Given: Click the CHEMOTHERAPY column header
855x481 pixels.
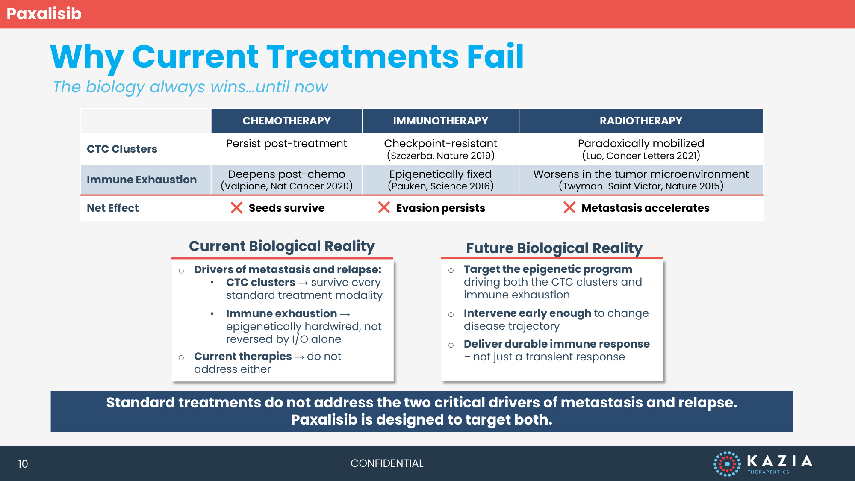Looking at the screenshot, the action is point(286,121).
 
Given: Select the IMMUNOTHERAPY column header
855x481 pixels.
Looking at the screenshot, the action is point(440,121).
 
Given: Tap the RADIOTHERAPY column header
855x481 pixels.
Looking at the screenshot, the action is point(641,121).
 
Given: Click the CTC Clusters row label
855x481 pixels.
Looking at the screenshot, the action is point(122,149).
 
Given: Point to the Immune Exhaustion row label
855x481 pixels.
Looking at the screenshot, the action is point(142,180).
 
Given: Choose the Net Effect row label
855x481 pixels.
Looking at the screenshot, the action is point(112,208).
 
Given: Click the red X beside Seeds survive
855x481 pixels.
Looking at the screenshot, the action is point(236,208).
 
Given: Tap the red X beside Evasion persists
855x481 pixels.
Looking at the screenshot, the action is point(384,208).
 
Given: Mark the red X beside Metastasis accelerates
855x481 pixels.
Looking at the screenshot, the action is point(569,208).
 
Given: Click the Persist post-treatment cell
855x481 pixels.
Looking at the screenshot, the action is point(286,143).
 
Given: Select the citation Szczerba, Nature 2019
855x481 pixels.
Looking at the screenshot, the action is point(440,156).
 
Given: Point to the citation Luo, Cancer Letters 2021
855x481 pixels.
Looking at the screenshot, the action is point(641,156).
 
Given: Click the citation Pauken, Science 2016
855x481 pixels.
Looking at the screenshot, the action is point(440,186).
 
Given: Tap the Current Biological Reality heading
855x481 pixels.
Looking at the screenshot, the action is point(282,246).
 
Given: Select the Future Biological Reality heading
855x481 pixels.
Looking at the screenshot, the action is point(554,248).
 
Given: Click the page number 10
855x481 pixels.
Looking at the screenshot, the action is point(23,464).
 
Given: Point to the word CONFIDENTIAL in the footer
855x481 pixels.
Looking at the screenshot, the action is point(387,463).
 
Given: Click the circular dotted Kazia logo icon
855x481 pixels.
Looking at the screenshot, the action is point(727,464).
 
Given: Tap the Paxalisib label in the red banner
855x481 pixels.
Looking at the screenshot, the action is point(44,14).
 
